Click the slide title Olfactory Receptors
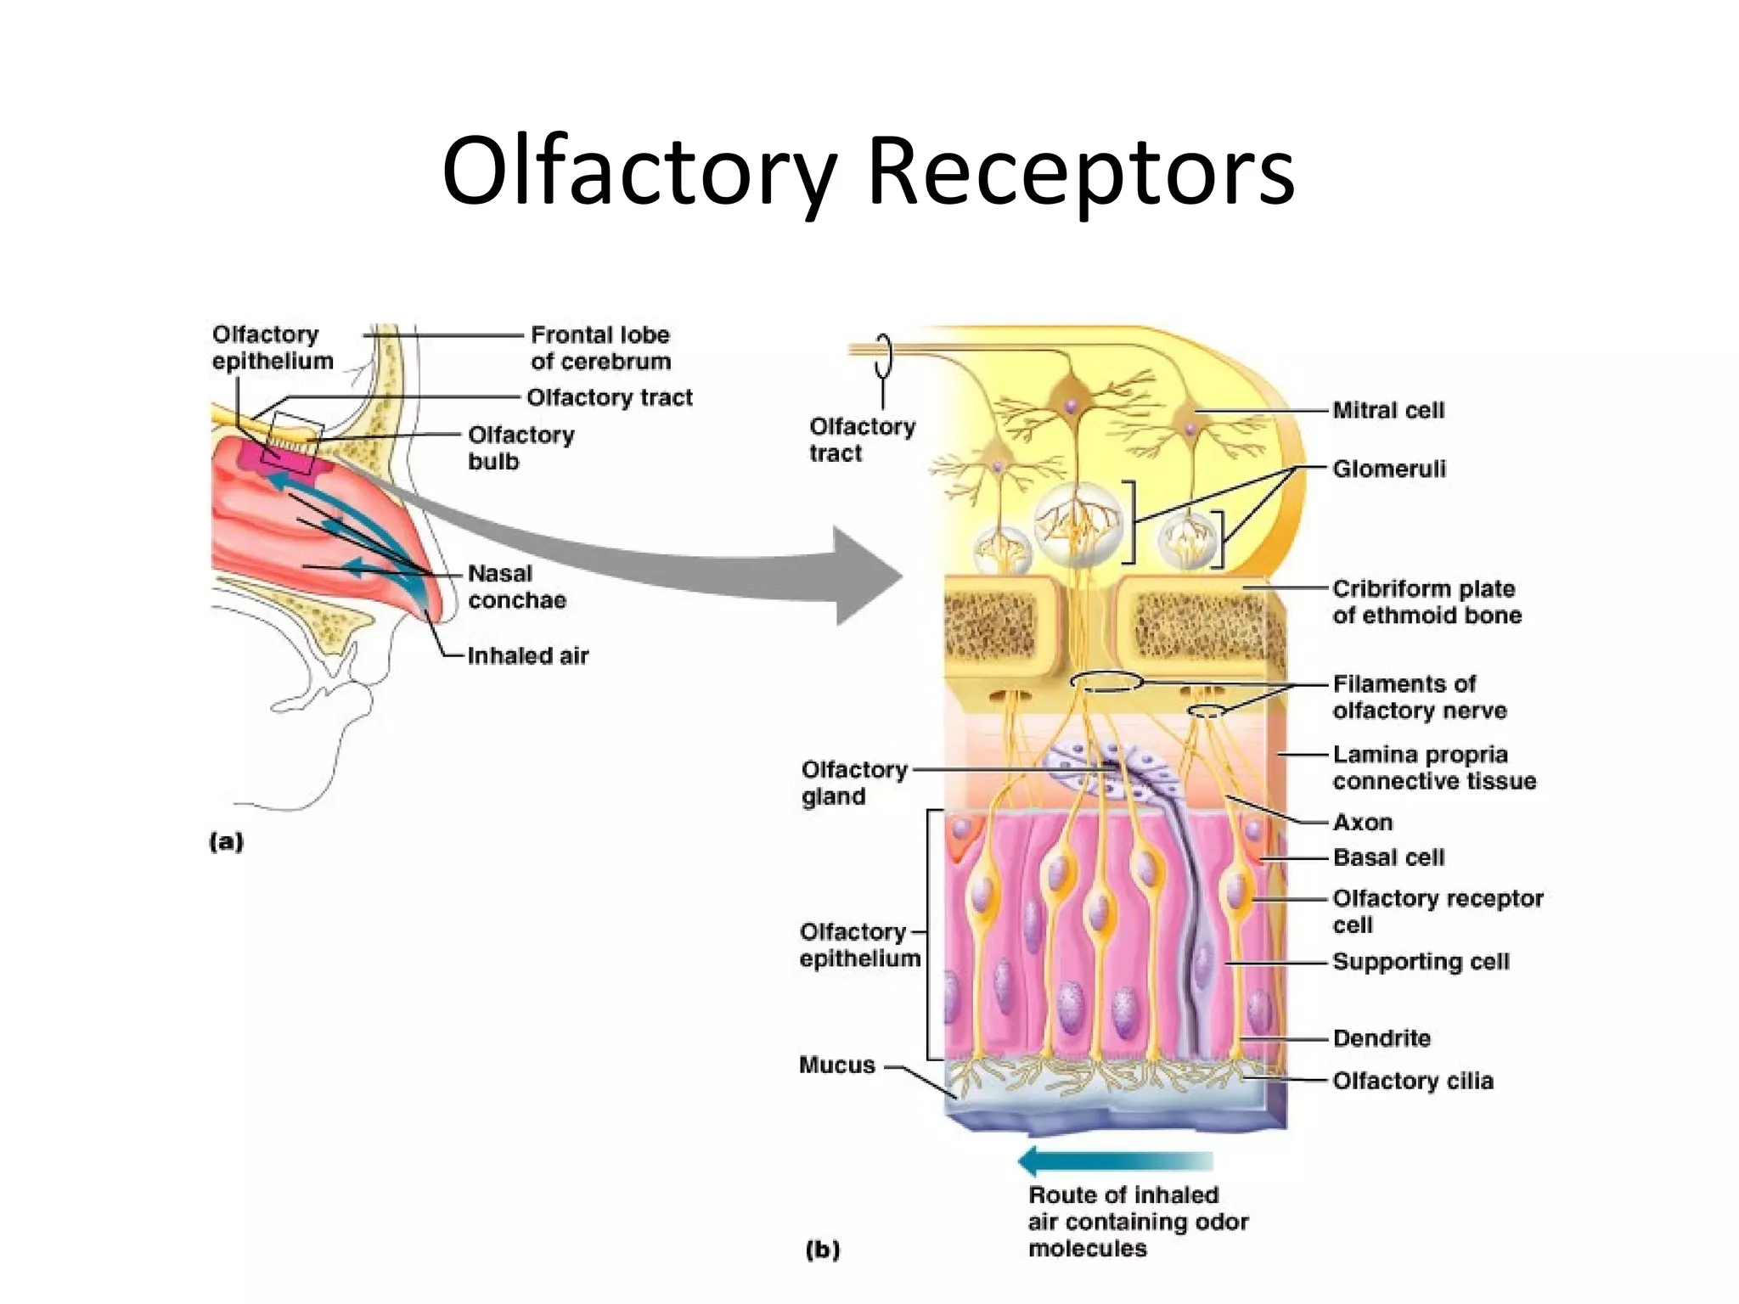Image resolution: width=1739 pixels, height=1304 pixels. [x=868, y=171]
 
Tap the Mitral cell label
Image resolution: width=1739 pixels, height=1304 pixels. [x=1387, y=411]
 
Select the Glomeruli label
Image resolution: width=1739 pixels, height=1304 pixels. [x=1388, y=469]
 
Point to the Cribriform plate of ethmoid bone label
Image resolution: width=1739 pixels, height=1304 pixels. [x=1427, y=602]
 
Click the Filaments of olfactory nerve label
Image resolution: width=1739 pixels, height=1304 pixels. [x=1419, y=697]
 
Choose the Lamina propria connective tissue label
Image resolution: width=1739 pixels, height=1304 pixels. [x=1433, y=767]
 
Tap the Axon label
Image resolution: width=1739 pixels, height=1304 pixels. [x=1362, y=823]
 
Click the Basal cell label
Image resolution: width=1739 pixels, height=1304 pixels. [x=1388, y=857]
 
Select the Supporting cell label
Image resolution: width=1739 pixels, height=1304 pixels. [x=1421, y=962]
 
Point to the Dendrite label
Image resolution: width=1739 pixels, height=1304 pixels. [x=1382, y=1038]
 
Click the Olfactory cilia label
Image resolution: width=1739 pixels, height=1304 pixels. [x=1412, y=1081]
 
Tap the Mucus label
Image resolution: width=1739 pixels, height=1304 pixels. [x=836, y=1065]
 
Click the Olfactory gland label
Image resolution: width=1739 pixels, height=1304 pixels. [x=853, y=783]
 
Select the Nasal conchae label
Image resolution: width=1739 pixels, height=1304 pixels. [x=516, y=587]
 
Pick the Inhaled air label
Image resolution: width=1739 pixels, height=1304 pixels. [x=527, y=656]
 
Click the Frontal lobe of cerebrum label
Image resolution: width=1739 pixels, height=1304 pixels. [x=600, y=348]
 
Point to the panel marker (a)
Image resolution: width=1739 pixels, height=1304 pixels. [x=226, y=841]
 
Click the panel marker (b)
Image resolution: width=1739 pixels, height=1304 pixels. [x=822, y=1250]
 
